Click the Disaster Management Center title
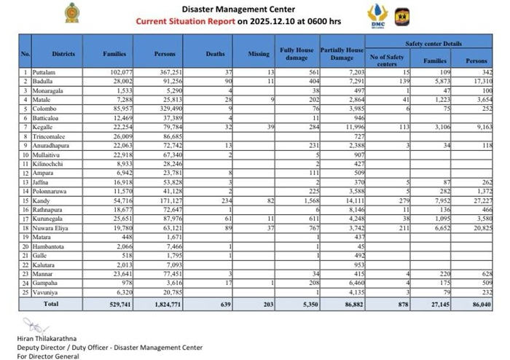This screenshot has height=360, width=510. [x=227, y=9]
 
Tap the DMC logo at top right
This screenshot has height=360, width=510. [x=377, y=15]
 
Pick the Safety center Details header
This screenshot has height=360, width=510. [x=434, y=44]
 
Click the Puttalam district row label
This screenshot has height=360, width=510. [x=44, y=73]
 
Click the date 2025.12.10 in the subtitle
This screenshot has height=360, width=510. [x=274, y=21]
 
